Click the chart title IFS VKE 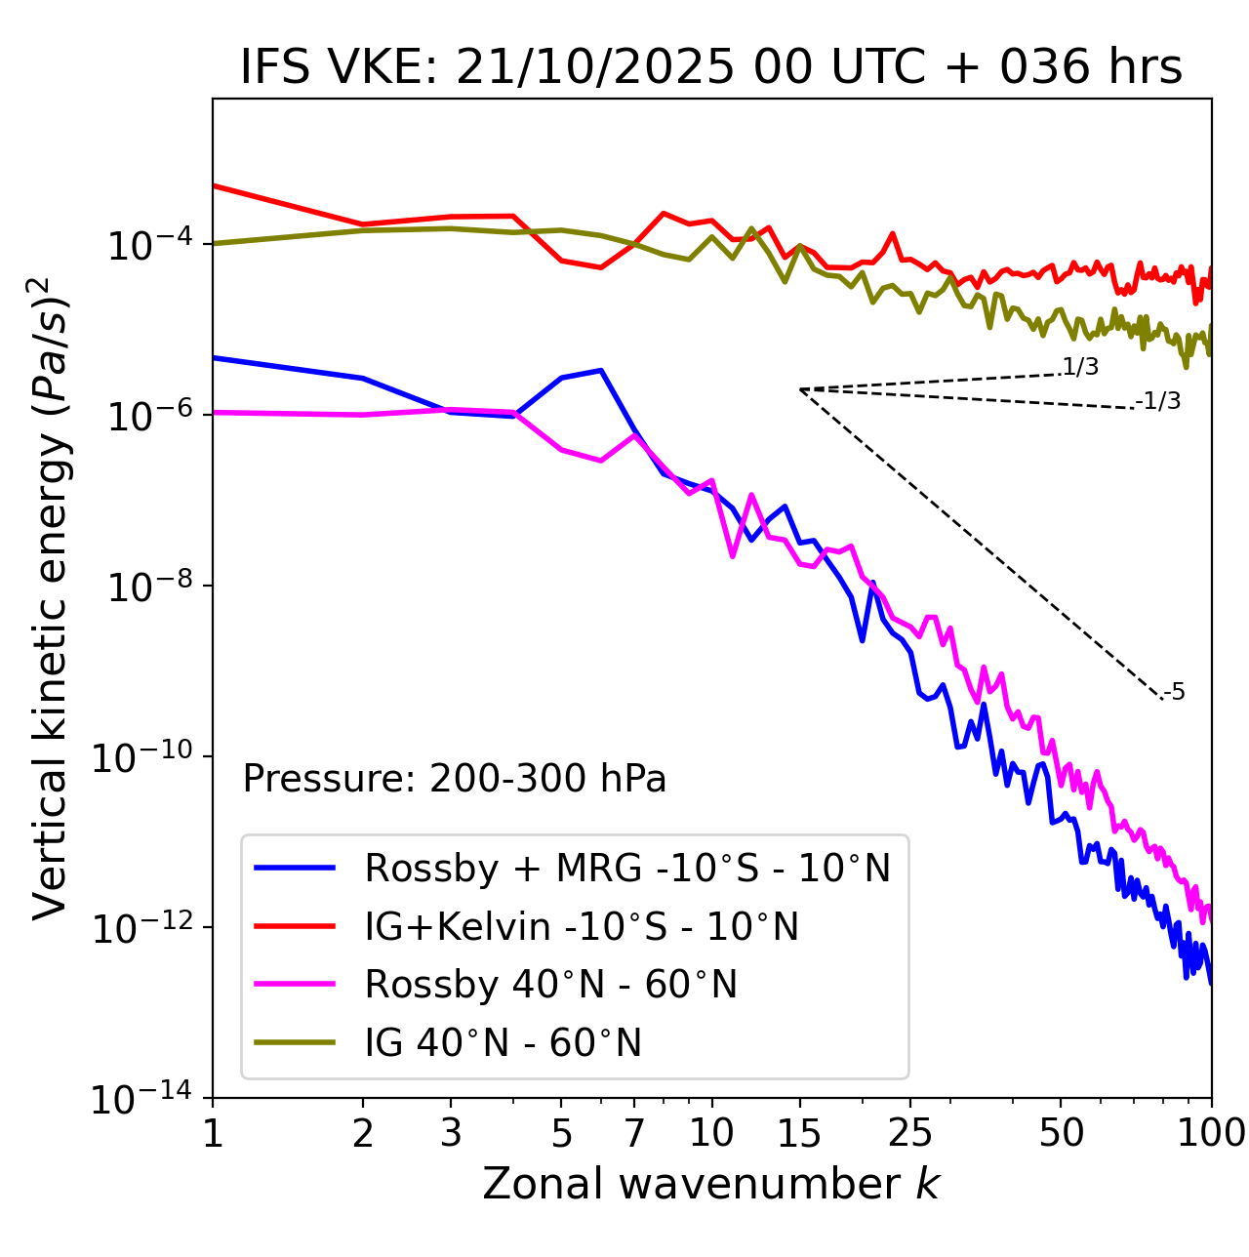pos(711,67)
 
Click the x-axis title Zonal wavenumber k pos(711,1184)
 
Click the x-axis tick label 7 pos(634,1133)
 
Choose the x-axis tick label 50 pos(1061,1133)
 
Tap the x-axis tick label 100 pos(1210,1133)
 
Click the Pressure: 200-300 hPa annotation pos(455,779)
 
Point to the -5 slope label pos(1174,693)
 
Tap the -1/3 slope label pos(1159,401)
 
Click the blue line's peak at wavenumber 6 pos(601,370)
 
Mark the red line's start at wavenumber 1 pos(214,184)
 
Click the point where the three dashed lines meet pos(800,389)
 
